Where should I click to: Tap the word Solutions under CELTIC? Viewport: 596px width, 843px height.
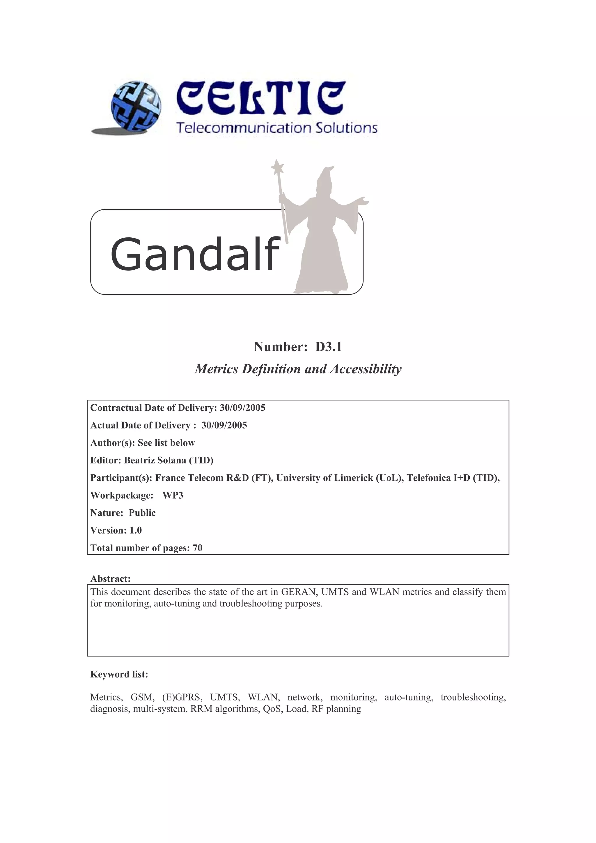pos(347,128)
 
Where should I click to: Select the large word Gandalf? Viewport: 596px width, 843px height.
pos(195,254)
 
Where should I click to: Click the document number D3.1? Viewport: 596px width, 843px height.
pos(328,347)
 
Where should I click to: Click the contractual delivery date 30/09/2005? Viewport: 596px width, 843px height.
pos(242,408)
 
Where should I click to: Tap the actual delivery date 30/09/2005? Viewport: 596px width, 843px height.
pos(224,425)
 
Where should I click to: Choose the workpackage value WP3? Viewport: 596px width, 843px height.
pos(173,495)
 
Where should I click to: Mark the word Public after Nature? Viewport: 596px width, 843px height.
pos(142,513)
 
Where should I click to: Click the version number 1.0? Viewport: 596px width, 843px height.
pos(136,530)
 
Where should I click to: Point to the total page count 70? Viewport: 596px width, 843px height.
pos(198,548)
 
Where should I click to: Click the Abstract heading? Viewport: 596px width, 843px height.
pos(110,579)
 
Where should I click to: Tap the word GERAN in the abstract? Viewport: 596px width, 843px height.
pos(296,592)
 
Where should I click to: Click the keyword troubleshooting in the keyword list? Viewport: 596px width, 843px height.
pos(473,697)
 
